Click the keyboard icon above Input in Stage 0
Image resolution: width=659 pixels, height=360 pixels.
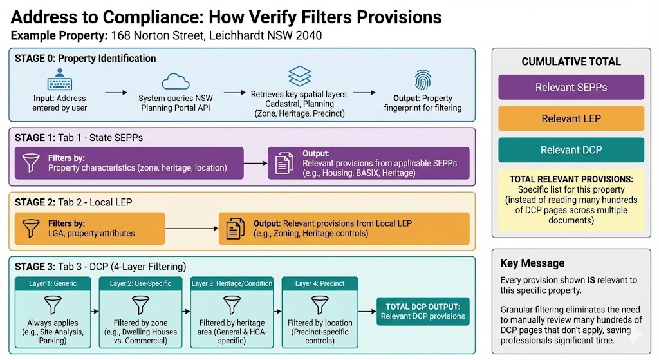59,82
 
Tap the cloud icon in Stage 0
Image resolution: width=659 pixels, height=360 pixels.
176,81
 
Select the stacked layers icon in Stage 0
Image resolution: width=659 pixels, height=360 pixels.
301,77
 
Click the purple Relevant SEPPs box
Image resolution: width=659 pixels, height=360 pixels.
571,87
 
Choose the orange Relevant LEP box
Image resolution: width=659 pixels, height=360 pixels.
571,118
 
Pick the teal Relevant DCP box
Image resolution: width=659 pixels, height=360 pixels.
571,150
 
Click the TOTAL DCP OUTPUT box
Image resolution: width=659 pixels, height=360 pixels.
423,311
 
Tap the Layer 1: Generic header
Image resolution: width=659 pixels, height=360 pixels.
53,283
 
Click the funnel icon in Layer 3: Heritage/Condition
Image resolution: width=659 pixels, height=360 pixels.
231,303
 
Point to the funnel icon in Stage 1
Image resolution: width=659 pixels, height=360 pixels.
31,163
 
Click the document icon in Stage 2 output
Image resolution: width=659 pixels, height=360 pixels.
235,229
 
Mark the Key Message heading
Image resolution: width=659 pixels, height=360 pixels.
532,263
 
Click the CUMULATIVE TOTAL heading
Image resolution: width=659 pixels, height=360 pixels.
571,62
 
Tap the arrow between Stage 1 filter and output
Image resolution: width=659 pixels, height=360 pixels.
255,164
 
